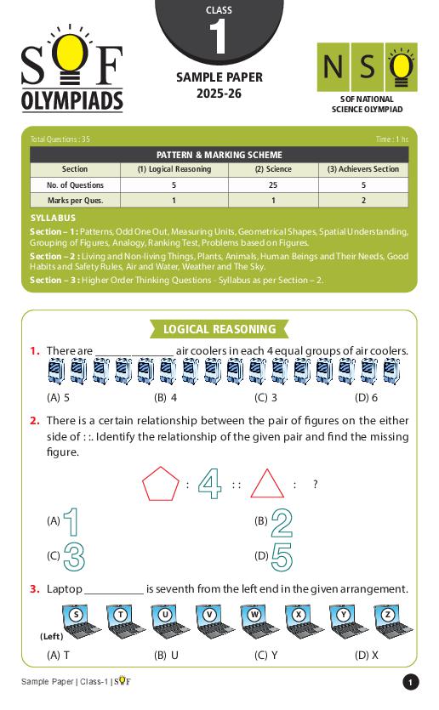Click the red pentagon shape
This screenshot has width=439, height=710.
pos(160,485)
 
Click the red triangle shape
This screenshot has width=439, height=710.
pos(267,485)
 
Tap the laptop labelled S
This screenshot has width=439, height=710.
pos(76,620)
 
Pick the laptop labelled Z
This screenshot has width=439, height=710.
pos(388,620)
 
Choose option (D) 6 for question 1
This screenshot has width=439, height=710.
pos(367,397)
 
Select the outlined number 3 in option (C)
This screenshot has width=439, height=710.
pos(74,556)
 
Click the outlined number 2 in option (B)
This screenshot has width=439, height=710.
pos(282,522)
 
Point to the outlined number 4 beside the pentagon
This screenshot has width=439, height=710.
pos(209,485)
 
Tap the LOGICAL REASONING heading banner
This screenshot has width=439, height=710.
pos(219,329)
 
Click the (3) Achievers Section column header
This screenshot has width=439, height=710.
pos(363,169)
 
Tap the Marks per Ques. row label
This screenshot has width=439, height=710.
pos(75,201)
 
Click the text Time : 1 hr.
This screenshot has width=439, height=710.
pos(391,139)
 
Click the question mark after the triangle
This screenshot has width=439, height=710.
pos(315,485)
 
